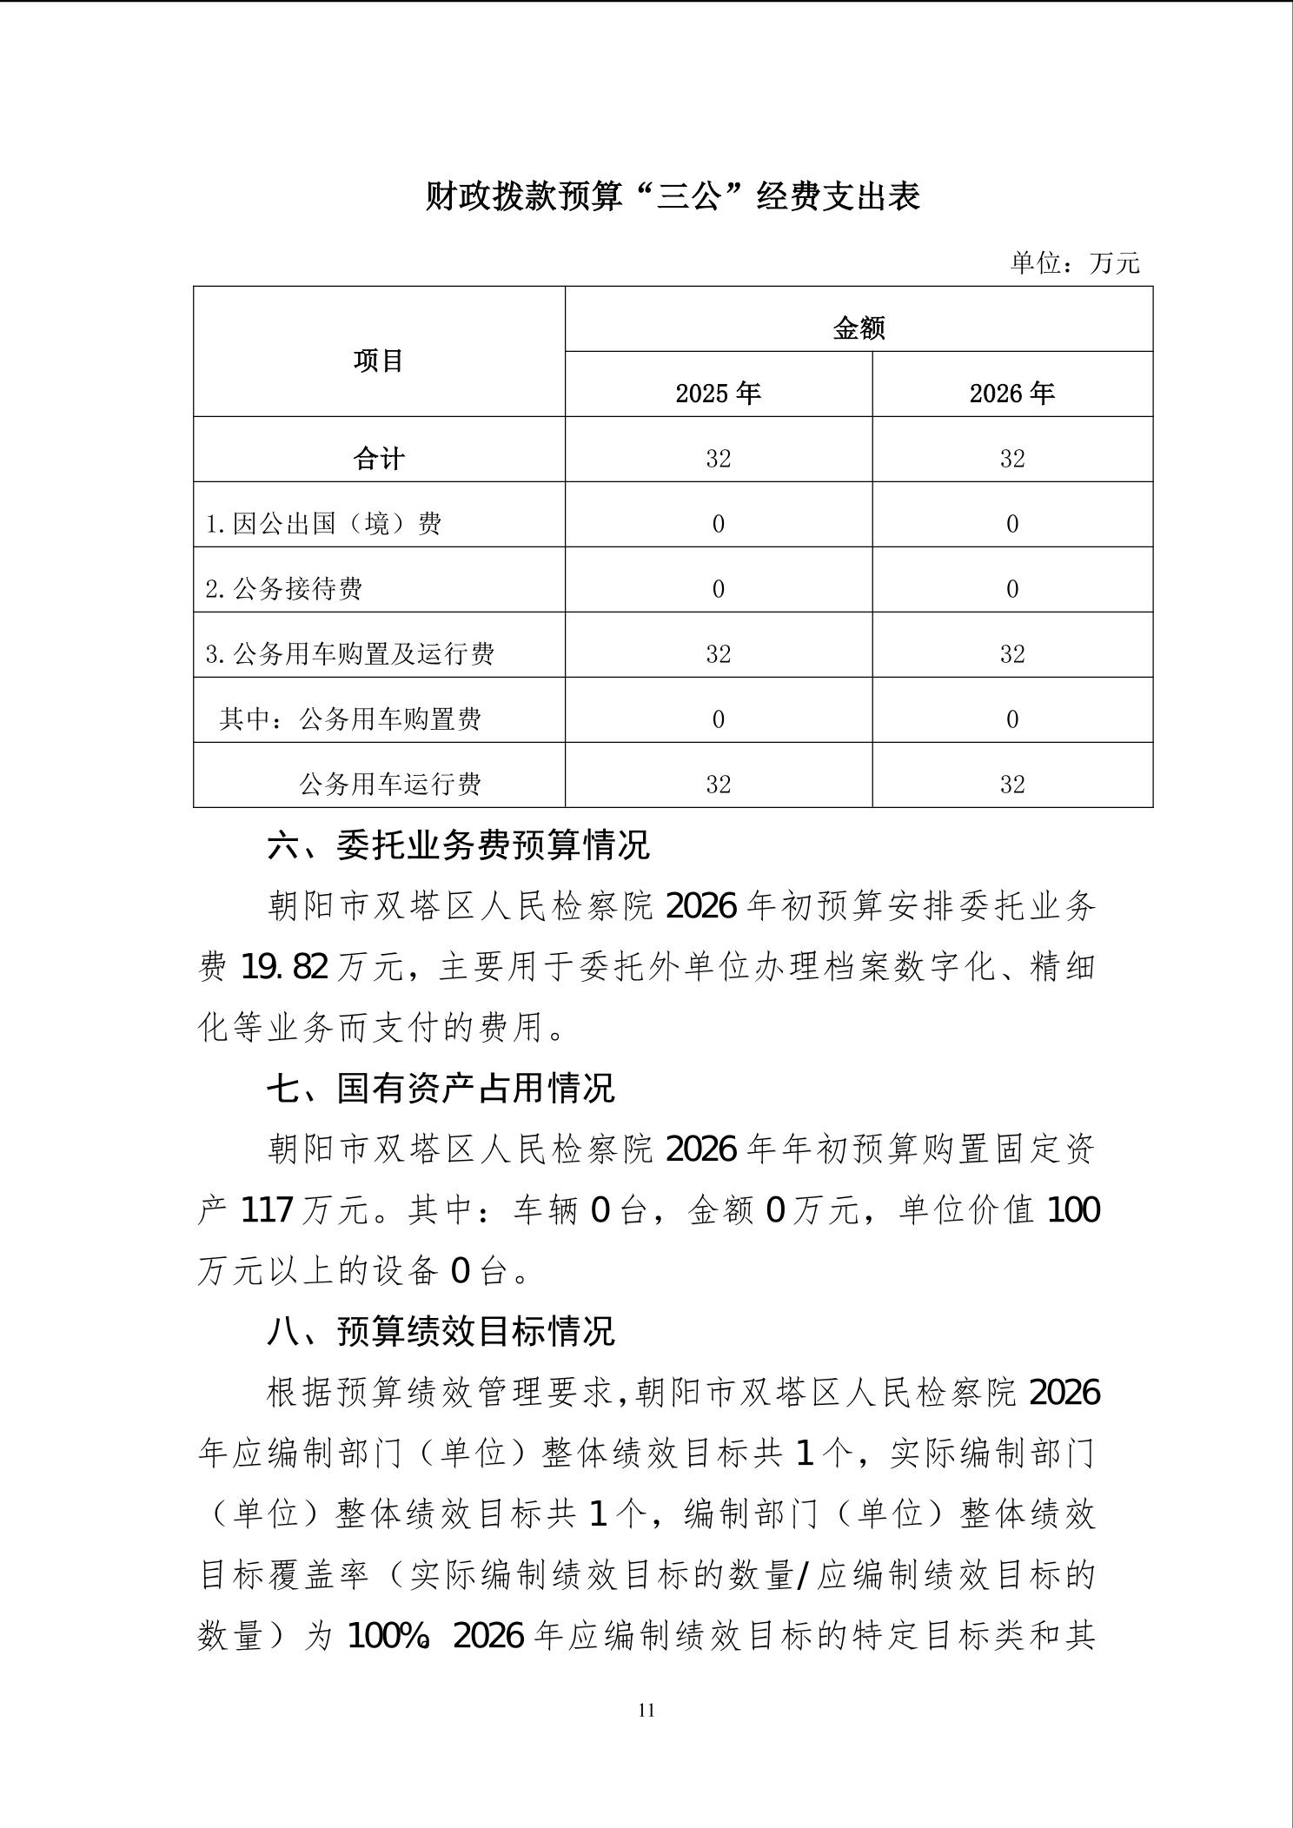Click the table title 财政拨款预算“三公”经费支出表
(672, 197)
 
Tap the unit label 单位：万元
(1074, 262)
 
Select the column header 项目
(379, 361)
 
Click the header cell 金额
(859, 328)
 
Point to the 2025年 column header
(718, 394)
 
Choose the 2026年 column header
(1011, 394)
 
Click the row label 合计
(379, 459)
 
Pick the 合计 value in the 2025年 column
(718, 459)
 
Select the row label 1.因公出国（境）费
(323, 524)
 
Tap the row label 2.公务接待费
(284, 589)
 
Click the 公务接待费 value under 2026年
(1011, 589)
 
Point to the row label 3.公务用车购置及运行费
(350, 654)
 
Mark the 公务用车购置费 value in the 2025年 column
(718, 719)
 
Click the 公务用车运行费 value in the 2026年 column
(1011, 785)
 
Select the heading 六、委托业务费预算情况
(458, 845)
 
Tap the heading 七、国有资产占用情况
(441, 1088)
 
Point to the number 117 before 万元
(267, 1210)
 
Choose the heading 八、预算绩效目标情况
(441, 1331)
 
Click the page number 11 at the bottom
(646, 1711)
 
